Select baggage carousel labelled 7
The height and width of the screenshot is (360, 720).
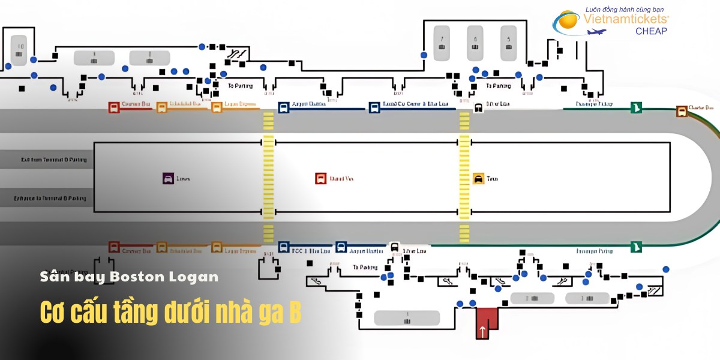[442, 43]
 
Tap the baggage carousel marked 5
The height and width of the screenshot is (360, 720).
[509, 43]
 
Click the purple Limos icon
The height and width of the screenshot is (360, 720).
[168, 178]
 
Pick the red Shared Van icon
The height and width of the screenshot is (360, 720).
[320, 178]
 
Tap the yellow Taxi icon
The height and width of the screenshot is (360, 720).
[478, 178]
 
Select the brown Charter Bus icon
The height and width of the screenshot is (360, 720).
[682, 110]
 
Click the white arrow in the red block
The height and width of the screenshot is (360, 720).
[482, 330]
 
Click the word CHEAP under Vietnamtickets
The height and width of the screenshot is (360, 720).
[651, 31]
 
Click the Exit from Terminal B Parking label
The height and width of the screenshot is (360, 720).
[54, 160]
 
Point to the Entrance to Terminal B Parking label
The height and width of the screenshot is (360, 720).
[54, 198]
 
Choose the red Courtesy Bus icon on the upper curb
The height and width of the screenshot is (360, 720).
[114, 107]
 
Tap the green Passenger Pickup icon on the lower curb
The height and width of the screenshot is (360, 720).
[637, 246]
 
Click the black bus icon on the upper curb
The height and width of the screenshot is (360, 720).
[479, 108]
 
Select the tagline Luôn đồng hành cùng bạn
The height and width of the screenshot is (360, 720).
[627, 9]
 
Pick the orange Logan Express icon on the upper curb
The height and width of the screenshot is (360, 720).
[217, 107]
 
